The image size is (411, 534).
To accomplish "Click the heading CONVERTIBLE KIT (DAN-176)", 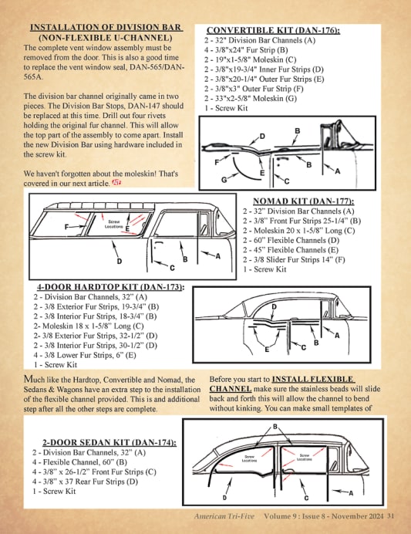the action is tap(273, 30).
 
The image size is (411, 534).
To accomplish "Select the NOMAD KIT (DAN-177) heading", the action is tap(304, 201).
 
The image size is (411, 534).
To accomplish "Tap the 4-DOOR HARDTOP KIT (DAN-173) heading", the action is tap(110, 287).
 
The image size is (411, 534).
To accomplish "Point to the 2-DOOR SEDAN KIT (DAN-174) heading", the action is tap(109, 442).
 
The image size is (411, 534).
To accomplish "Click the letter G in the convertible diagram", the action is tap(224, 179).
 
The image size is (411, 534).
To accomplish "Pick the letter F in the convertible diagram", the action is tap(217, 162).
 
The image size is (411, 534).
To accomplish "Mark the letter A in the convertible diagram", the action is tap(337, 171).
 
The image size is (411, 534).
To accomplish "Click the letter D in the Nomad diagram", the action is tap(120, 261).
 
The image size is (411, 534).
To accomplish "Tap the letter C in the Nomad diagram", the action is tap(172, 268).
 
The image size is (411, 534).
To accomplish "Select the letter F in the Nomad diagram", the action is tap(67, 226).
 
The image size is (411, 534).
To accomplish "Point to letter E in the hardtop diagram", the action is tap(267, 350).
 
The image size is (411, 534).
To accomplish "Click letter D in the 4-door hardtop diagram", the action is tap(274, 306).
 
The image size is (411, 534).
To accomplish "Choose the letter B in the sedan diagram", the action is tap(275, 427).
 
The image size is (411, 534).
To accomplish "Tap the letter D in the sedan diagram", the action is tap(224, 498).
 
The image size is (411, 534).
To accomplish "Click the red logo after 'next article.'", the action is tap(116, 183).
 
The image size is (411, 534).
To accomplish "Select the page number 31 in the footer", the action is tap(391, 516).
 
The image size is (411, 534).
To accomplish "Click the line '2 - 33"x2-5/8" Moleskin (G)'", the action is tap(251, 99).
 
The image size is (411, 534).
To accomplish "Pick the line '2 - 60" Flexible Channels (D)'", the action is tap(291, 240).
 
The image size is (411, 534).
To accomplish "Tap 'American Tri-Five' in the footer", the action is tap(224, 516).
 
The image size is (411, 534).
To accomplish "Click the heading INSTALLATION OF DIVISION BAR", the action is tap(106, 27).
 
